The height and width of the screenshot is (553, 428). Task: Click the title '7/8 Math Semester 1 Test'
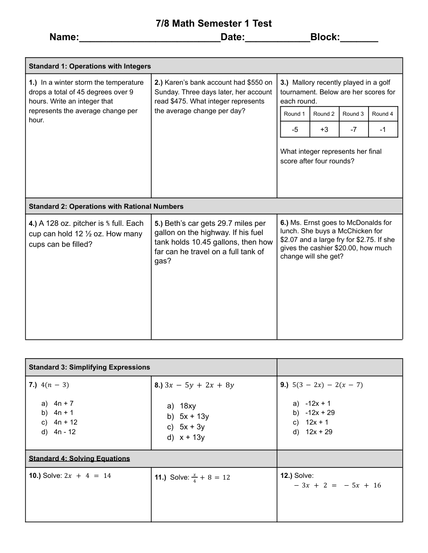tap(214, 24)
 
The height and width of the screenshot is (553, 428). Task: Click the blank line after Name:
tap(150, 38)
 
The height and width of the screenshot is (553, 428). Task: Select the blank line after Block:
tap(358, 38)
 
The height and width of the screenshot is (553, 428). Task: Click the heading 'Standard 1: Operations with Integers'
tap(90, 66)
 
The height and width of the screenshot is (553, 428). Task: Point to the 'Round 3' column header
tap(353, 114)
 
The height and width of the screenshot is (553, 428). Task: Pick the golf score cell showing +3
tap(324, 130)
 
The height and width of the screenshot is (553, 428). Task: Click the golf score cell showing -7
tap(353, 130)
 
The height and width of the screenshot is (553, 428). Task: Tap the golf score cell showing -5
tap(295, 130)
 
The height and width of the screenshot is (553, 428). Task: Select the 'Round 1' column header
tap(295, 114)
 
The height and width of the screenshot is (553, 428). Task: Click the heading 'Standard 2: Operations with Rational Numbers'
tap(106, 207)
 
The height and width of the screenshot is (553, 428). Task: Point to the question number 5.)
tap(159, 224)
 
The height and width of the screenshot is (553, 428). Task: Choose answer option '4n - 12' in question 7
tap(65, 432)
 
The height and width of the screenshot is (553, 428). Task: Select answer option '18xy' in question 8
tap(188, 406)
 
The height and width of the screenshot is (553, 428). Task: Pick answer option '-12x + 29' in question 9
tap(320, 413)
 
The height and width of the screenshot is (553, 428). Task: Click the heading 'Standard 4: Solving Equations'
tap(79, 459)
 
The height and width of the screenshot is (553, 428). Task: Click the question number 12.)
tap(286, 476)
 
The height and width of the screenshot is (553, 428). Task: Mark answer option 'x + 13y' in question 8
tap(192, 438)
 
